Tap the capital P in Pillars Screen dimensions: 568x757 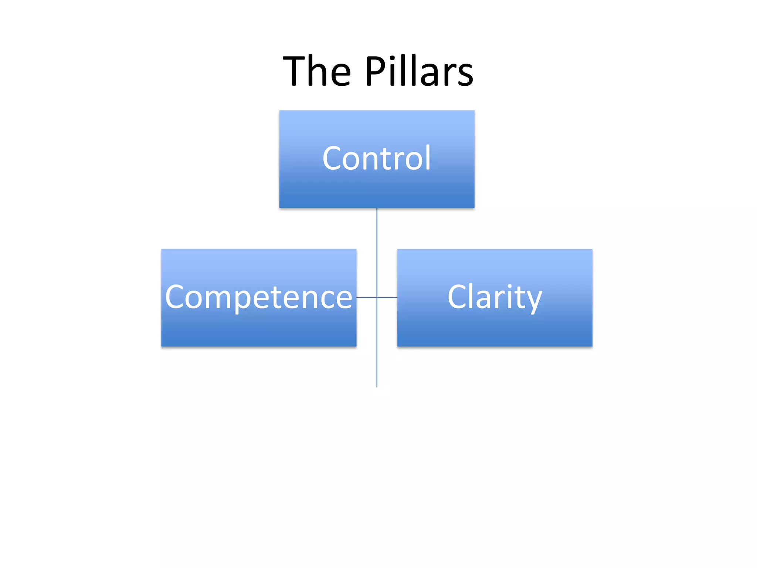(x=376, y=71)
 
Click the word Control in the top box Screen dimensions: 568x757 (x=377, y=158)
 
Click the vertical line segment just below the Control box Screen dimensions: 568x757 (x=377, y=227)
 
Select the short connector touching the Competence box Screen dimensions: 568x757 (x=366, y=297)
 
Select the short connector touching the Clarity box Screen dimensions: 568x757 (x=387, y=297)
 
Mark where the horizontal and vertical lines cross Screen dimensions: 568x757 (x=377, y=297)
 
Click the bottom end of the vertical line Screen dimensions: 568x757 (x=377, y=386)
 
